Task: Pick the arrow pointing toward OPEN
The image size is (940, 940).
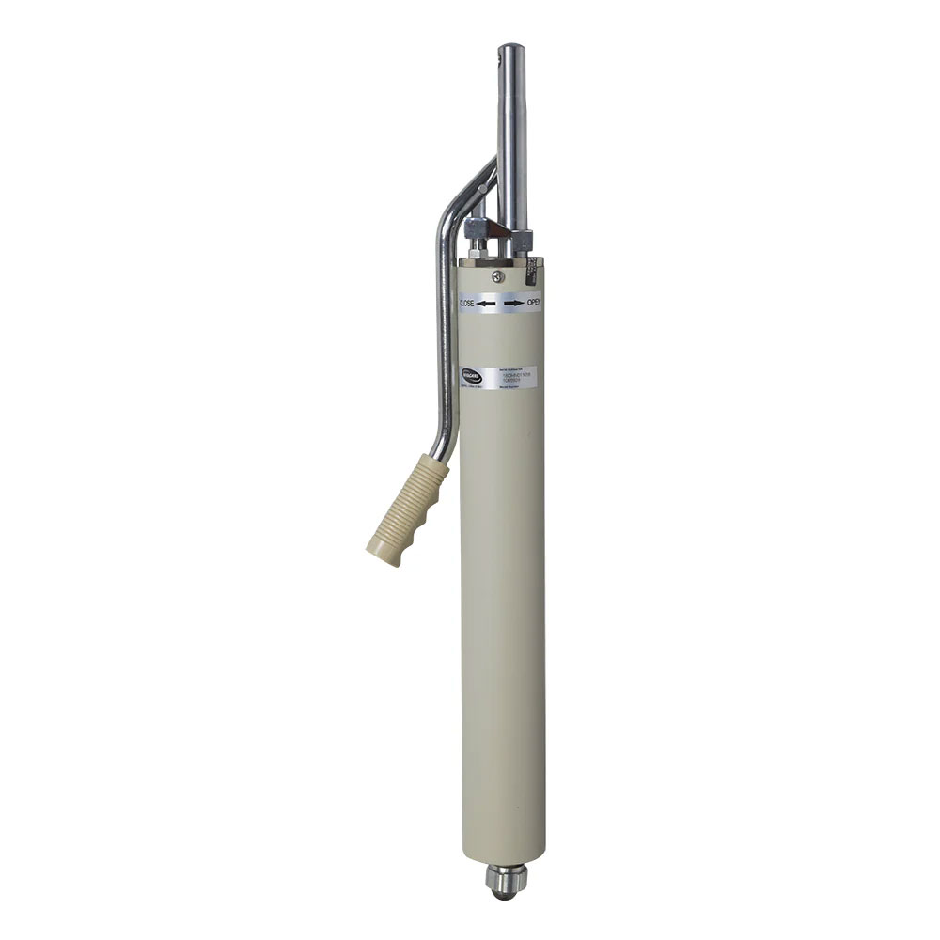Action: click(512, 304)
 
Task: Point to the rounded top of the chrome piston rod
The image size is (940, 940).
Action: click(513, 47)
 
